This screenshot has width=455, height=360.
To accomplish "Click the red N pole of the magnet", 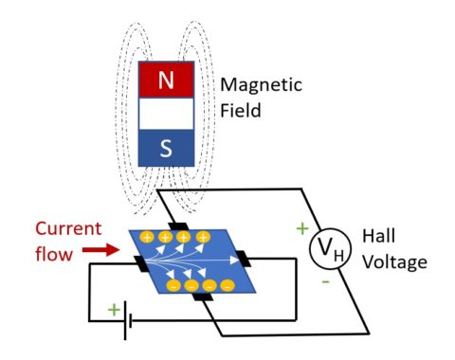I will [x=167, y=81].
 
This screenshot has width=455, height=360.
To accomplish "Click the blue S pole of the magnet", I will [x=167, y=148].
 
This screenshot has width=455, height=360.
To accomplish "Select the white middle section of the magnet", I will [x=167, y=115].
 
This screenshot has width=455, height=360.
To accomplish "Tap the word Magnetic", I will [x=261, y=84].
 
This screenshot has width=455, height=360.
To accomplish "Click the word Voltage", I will [x=395, y=261].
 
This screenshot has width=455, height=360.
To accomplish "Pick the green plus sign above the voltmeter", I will [x=302, y=227].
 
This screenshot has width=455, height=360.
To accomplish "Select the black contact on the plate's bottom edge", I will [x=201, y=297].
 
